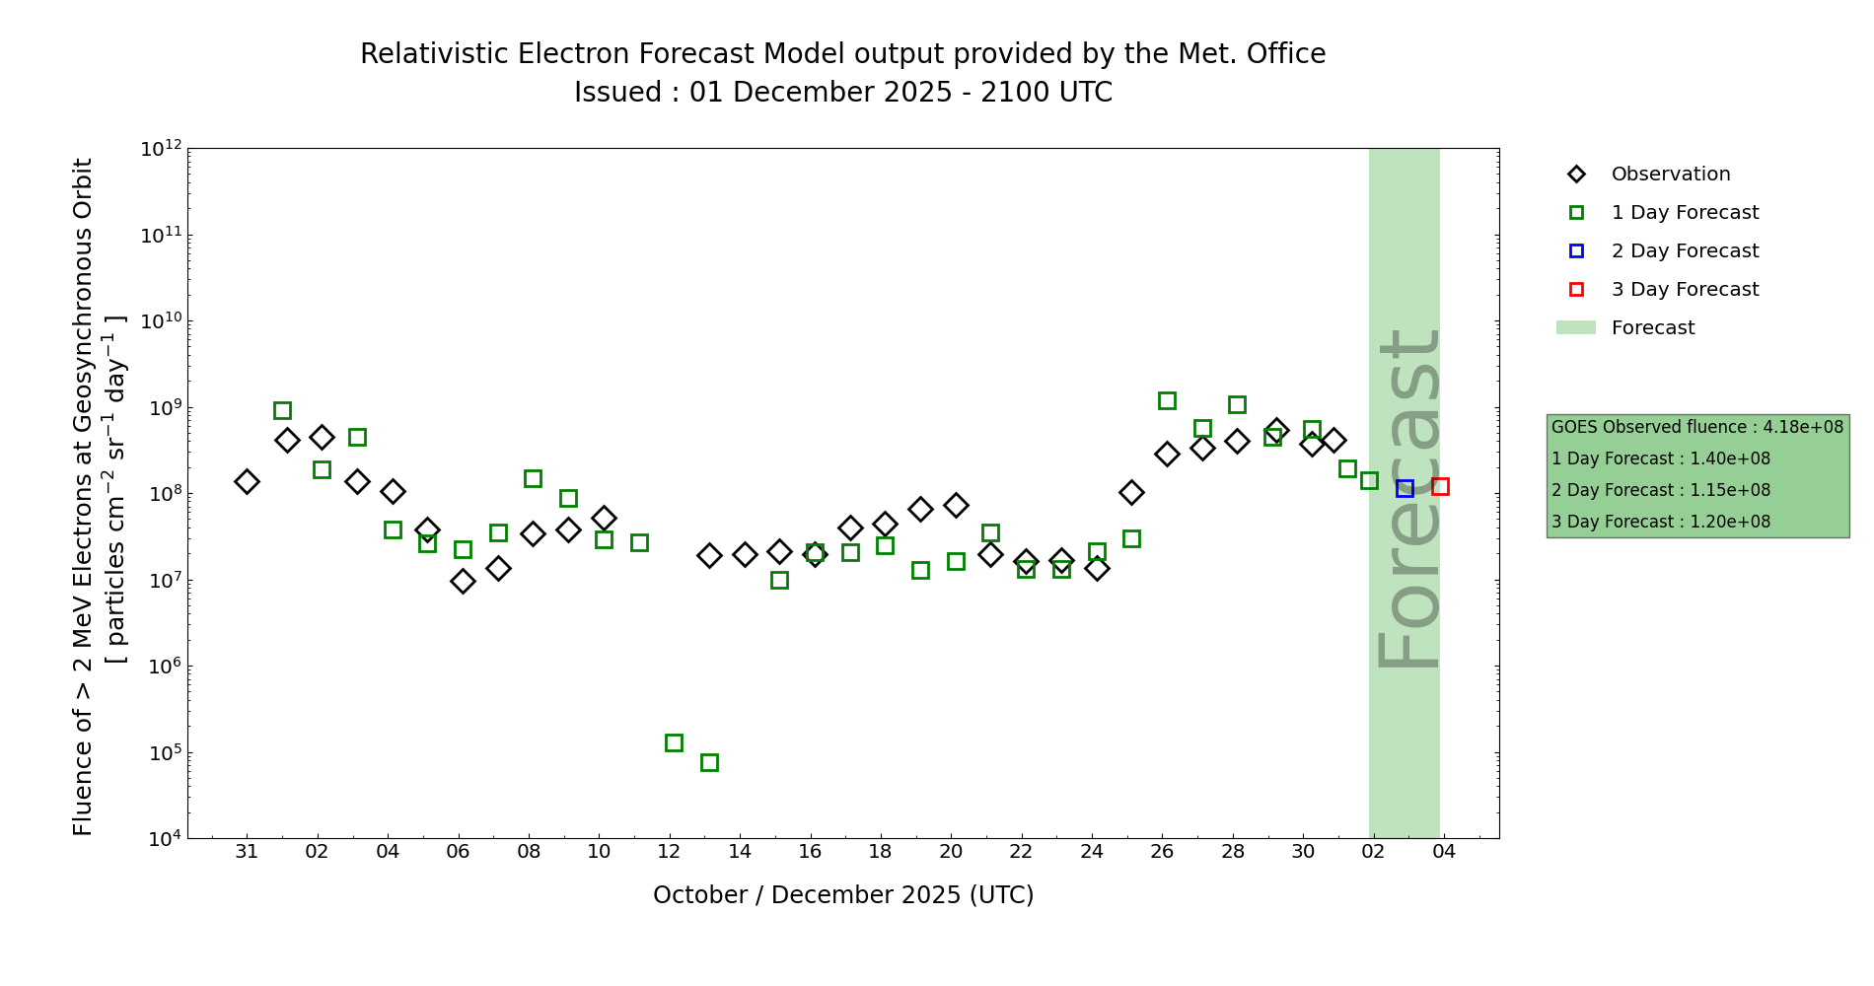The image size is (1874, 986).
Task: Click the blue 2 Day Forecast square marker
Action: pos(1405,488)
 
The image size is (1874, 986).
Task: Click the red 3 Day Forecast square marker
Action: pos(1440,486)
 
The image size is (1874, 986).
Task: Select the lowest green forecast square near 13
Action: pos(709,762)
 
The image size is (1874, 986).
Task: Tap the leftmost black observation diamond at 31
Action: pos(247,481)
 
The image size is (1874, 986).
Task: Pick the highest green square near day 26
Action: pos(1167,400)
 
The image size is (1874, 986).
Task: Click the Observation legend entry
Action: pos(1670,175)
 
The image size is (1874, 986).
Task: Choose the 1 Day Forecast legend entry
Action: pos(1684,213)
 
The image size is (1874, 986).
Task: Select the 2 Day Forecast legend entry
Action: pos(1684,251)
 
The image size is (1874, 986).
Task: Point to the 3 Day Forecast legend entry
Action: pos(1684,290)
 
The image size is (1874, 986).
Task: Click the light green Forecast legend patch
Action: pos(1576,327)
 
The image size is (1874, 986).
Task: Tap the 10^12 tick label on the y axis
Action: pos(161,149)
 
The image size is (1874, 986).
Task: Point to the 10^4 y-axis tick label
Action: pos(164,839)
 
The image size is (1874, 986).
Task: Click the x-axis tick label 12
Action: pos(670,852)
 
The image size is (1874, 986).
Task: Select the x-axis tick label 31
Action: pos(247,852)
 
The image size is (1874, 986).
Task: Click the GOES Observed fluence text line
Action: pos(1696,427)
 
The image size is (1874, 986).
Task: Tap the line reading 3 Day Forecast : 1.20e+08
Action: pos(1661,522)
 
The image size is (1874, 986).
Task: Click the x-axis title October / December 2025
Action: pos(843,895)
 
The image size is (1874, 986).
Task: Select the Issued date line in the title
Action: pos(843,93)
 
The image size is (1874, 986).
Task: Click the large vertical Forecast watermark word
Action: pos(1408,498)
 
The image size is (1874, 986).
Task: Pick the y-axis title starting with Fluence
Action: pos(83,497)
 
